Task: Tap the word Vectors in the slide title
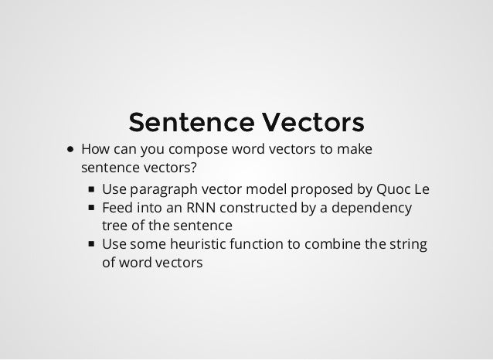(312, 122)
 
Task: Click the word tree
(114, 226)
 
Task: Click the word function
(251, 246)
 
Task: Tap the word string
(406, 246)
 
